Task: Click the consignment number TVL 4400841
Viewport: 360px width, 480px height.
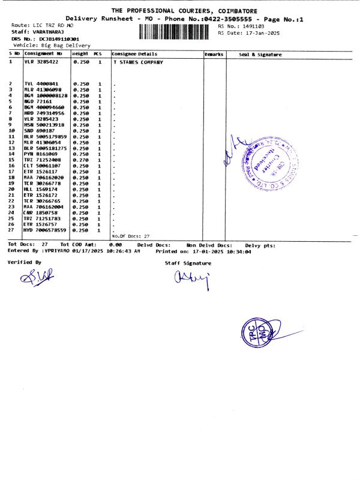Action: click(x=41, y=84)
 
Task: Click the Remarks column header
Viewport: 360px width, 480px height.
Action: click(x=214, y=55)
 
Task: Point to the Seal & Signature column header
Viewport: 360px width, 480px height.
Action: click(x=260, y=55)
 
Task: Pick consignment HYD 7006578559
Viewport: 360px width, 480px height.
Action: click(x=45, y=230)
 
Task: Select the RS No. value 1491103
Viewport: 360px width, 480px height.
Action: click(x=251, y=26)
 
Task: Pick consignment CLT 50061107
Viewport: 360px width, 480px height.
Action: click(x=42, y=166)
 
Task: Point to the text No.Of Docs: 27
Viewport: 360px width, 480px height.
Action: click(x=131, y=236)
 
